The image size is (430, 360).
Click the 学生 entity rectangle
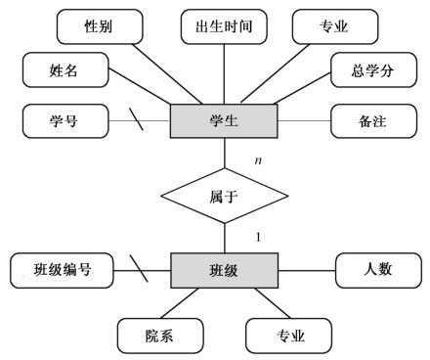point(225,122)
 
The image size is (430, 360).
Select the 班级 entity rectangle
point(225,269)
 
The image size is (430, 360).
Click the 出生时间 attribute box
point(225,25)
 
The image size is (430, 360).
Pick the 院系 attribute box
point(160,336)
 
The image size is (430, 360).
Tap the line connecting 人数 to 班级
point(307,268)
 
